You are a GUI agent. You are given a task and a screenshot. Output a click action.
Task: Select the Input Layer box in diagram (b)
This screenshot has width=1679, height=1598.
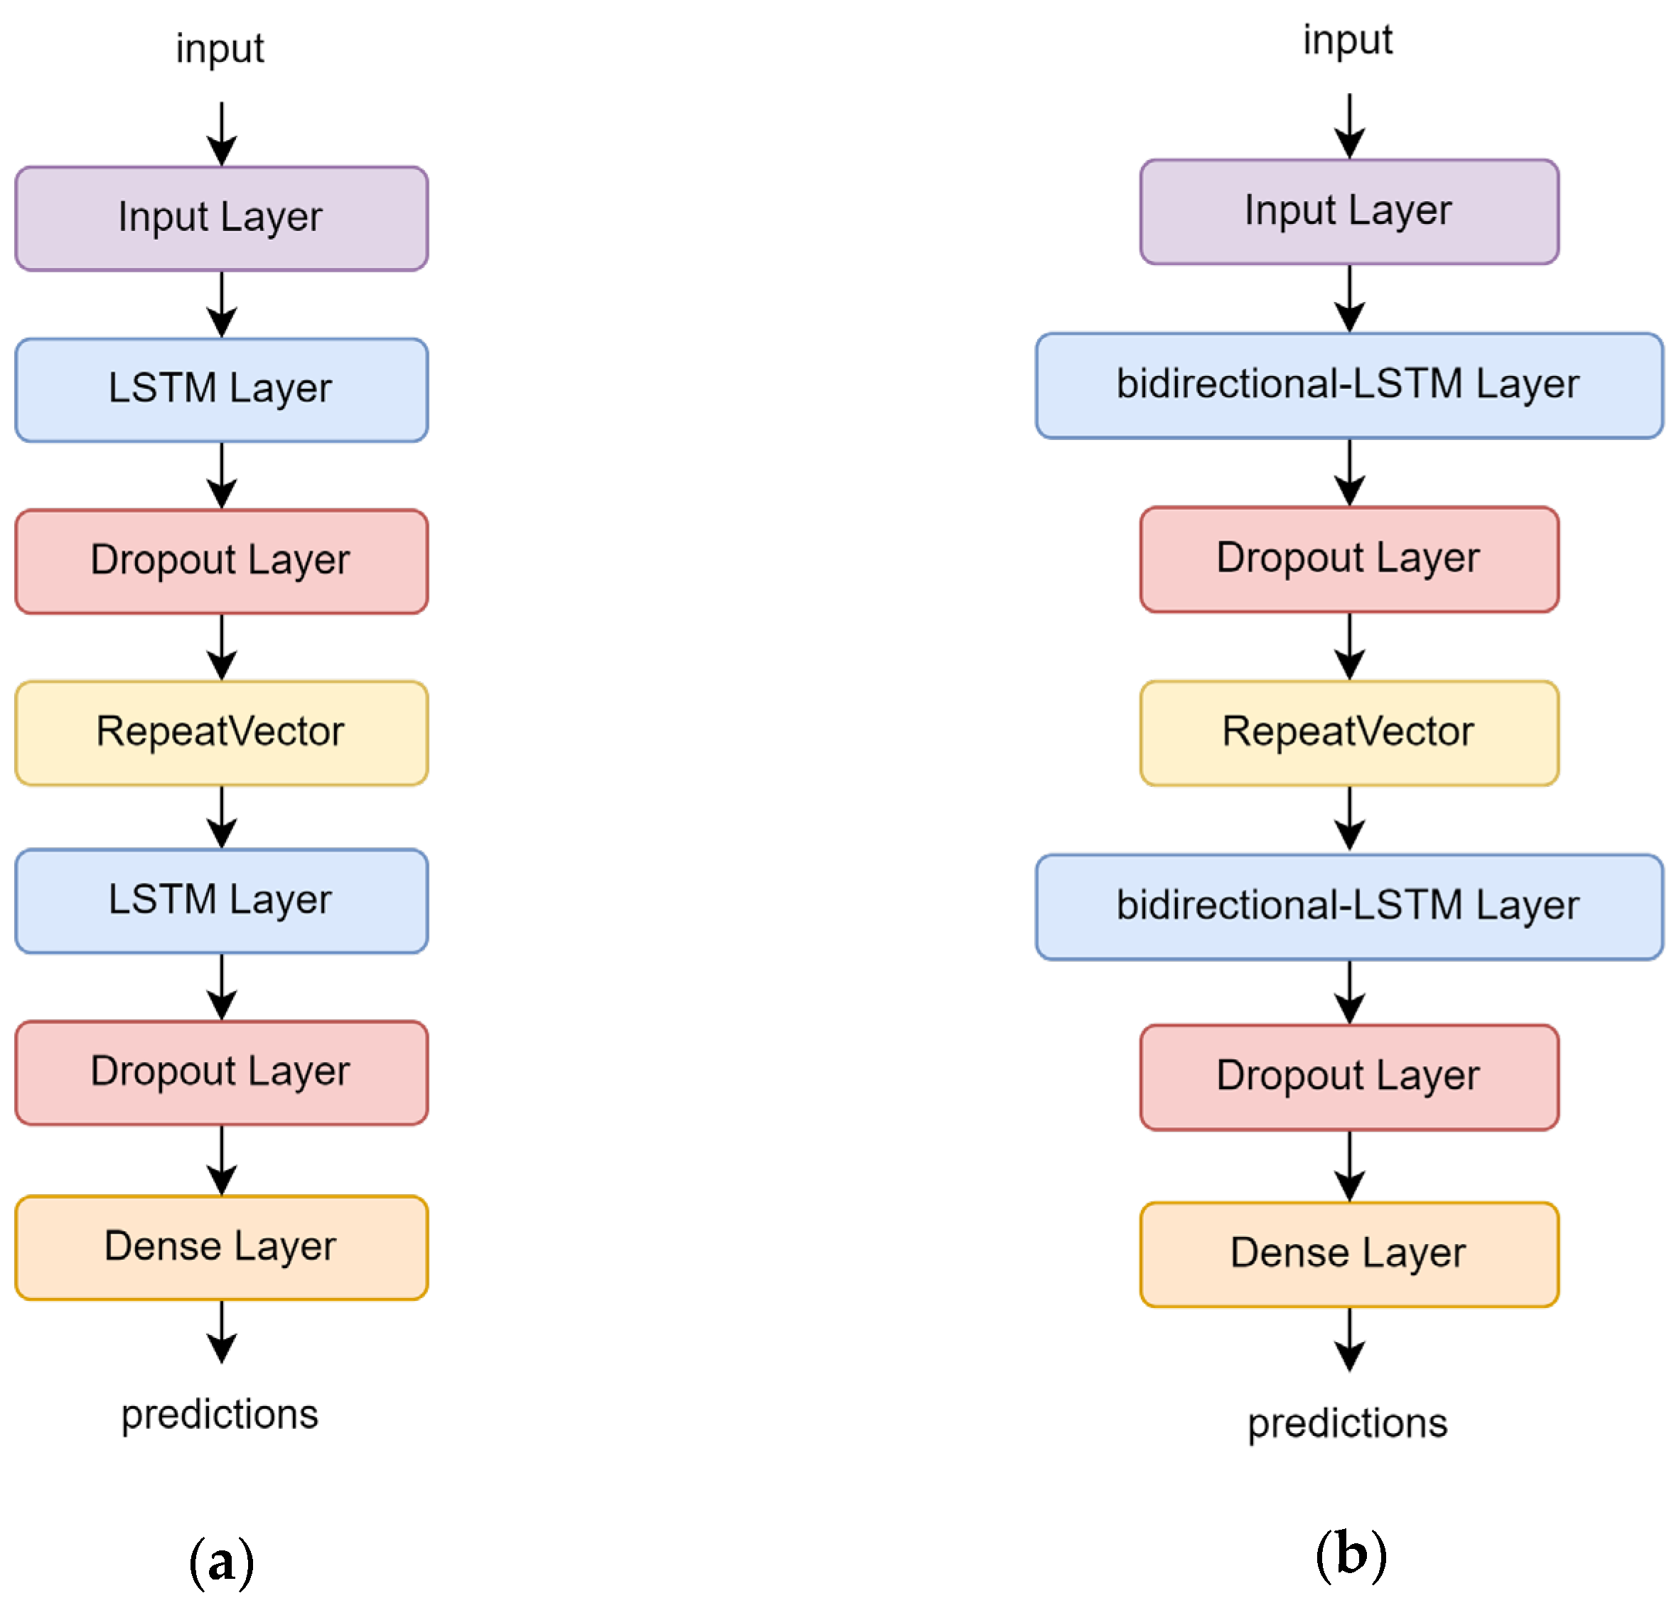tap(1348, 211)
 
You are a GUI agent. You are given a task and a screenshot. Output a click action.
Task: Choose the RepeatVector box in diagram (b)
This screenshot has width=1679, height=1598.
tap(1348, 733)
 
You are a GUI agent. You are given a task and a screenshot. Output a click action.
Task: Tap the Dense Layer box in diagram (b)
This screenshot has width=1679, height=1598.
tap(1348, 1254)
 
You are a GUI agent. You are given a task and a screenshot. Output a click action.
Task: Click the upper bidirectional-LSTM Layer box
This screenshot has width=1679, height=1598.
tap(1348, 385)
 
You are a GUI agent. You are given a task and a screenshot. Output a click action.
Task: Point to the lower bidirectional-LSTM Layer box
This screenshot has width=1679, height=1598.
tap(1348, 906)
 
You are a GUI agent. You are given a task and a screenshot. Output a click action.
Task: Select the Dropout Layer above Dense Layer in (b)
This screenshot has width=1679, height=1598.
tap(1348, 1077)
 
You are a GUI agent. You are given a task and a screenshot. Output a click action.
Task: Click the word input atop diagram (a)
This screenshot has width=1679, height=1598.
tap(220, 48)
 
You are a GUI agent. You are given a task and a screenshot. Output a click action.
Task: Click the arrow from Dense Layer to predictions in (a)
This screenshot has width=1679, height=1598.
tap(222, 1331)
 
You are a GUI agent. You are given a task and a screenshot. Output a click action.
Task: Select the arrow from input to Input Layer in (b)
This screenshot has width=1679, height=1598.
tap(1349, 126)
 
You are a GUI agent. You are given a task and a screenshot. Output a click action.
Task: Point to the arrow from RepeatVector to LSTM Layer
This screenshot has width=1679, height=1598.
tap(222, 816)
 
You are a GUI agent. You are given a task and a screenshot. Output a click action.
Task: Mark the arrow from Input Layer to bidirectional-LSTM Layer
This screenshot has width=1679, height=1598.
tap(1349, 298)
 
